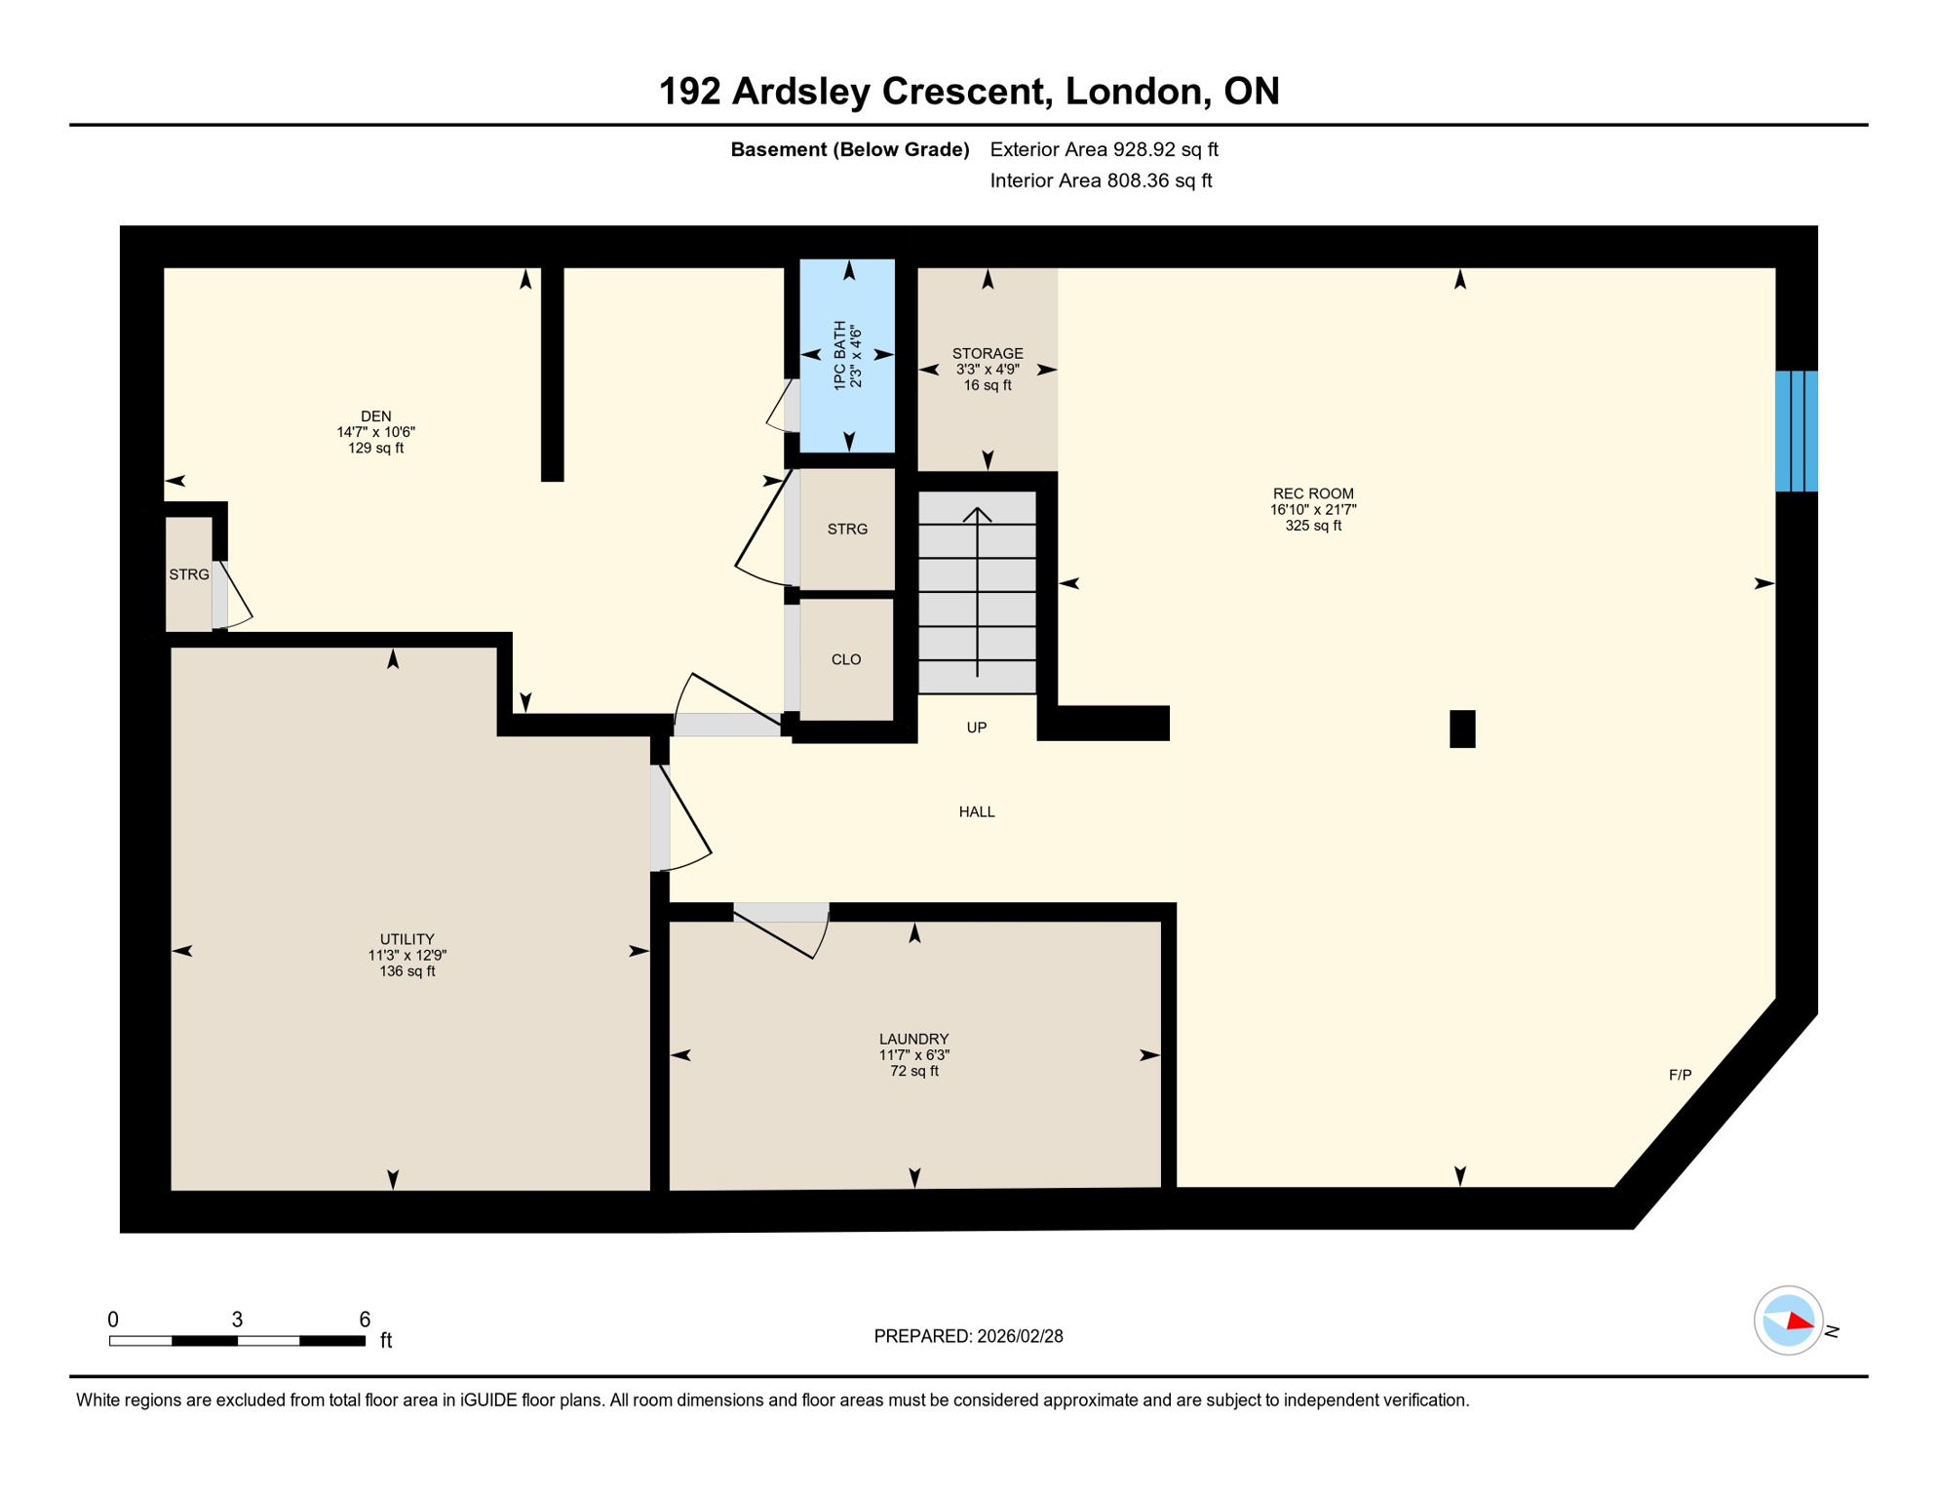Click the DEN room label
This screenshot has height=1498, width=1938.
(375, 416)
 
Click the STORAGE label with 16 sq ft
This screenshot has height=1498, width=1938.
(987, 354)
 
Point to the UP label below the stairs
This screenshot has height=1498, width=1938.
(976, 728)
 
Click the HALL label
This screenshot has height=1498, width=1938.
(976, 811)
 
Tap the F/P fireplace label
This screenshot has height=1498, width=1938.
(1679, 1075)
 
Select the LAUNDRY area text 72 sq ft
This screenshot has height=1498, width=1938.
(913, 1071)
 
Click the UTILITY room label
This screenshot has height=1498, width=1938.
(407, 939)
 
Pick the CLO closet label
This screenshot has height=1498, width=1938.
(845, 660)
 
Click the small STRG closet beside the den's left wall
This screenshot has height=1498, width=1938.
(188, 574)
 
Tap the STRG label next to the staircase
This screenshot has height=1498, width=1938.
(846, 530)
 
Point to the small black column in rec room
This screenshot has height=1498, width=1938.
(1461, 729)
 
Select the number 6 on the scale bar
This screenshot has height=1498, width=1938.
(365, 1320)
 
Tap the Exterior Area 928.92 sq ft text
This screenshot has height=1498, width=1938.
(1104, 149)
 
